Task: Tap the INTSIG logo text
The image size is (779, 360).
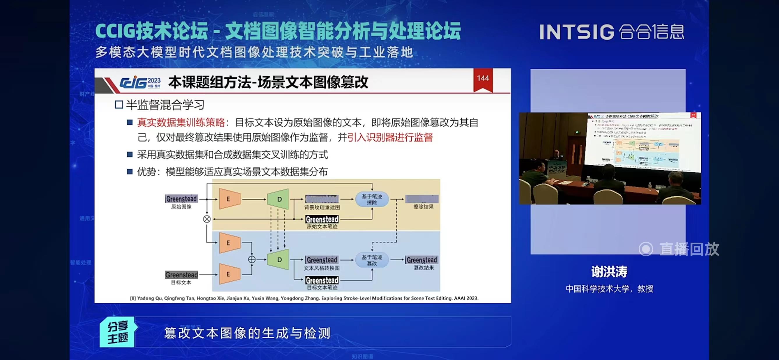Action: pyautogui.click(x=577, y=32)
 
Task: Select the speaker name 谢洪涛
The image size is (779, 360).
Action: pyautogui.click(x=609, y=271)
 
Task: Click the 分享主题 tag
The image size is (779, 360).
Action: pyautogui.click(x=118, y=332)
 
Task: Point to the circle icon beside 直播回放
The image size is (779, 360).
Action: pyautogui.click(x=646, y=249)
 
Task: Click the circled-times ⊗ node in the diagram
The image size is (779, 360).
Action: pyautogui.click(x=207, y=219)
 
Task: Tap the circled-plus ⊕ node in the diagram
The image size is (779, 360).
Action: pyautogui.click(x=252, y=259)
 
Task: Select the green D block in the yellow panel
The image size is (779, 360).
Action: pyautogui.click(x=279, y=199)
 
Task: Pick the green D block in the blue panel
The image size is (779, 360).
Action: pyautogui.click(x=279, y=259)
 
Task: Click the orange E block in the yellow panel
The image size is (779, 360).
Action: pyautogui.click(x=229, y=199)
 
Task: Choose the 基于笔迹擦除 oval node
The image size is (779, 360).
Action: pyautogui.click(x=372, y=199)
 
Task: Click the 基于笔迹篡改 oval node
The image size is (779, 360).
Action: pyautogui.click(x=372, y=260)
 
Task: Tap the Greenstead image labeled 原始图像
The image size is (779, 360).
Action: pyautogui.click(x=181, y=199)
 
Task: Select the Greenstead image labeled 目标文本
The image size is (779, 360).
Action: pyautogui.click(x=181, y=275)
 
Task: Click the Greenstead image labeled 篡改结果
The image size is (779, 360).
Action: pyautogui.click(x=422, y=260)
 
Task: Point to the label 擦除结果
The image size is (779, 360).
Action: pyautogui.click(x=423, y=207)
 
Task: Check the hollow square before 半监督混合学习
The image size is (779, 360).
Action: pyautogui.click(x=119, y=105)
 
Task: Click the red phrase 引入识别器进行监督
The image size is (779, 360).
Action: pyautogui.click(x=390, y=137)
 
